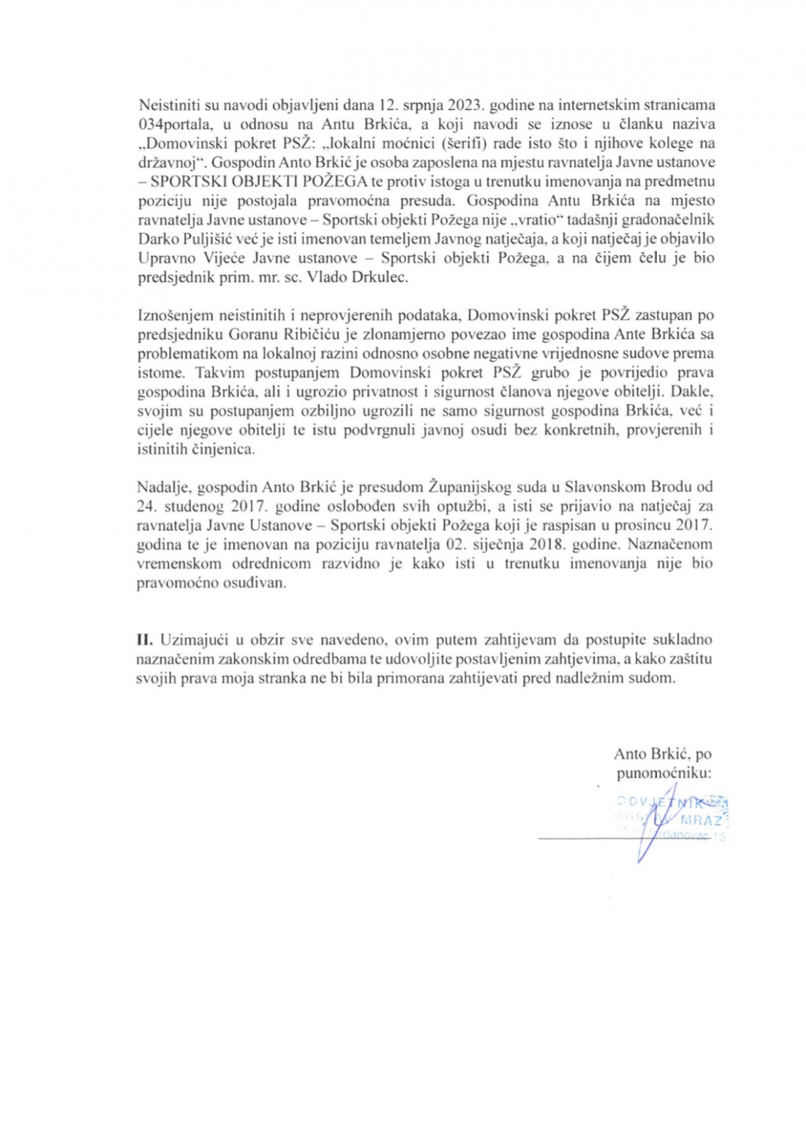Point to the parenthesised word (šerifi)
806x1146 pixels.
pyautogui.click(x=463, y=143)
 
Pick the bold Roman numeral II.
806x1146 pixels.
pyautogui.click(x=145, y=640)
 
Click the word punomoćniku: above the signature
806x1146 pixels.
pyautogui.click(x=664, y=773)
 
